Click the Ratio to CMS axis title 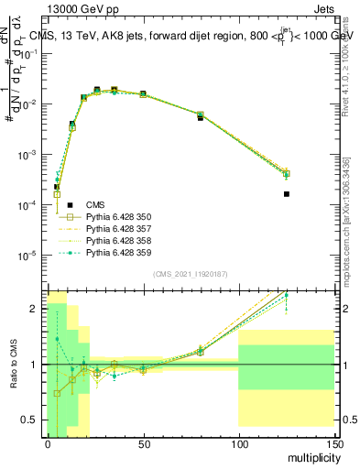tap(15, 364)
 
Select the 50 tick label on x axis tap(143, 443)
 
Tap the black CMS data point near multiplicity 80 tap(201, 118)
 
